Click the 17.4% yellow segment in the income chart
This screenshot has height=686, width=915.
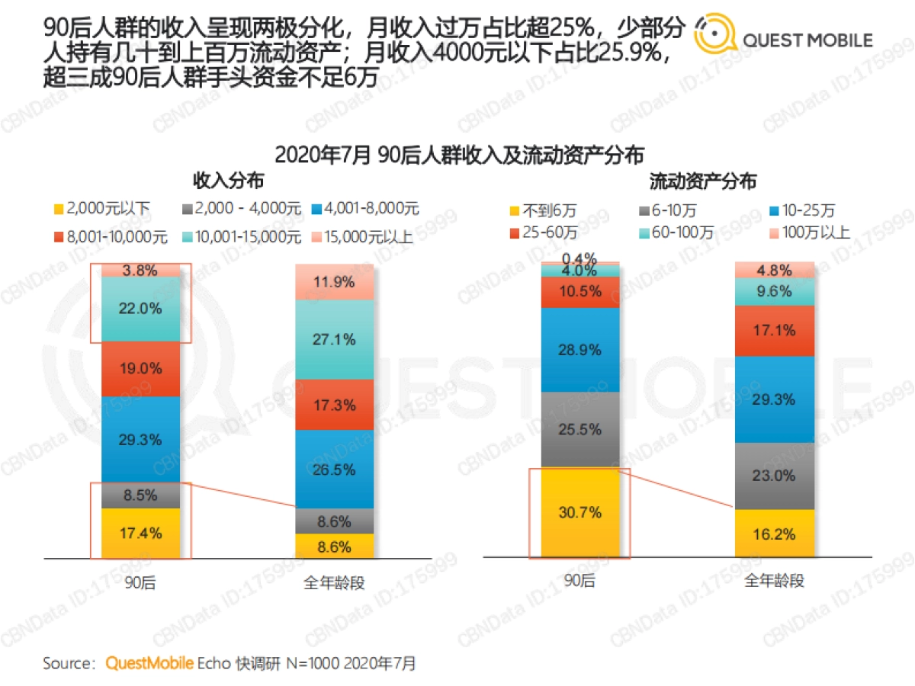(x=141, y=533)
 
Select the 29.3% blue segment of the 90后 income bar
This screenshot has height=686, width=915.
(x=141, y=439)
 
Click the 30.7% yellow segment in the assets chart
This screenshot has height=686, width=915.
(x=579, y=513)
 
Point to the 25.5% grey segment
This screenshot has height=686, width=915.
(x=579, y=429)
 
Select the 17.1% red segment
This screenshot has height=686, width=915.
(x=775, y=331)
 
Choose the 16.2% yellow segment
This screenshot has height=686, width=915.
(x=775, y=534)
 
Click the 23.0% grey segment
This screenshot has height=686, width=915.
(x=775, y=476)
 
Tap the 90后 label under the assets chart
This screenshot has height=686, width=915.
(x=579, y=581)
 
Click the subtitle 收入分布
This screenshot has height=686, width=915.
(x=228, y=181)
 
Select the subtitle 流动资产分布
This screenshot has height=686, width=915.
(x=702, y=181)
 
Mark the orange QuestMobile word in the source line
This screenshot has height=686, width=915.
(x=149, y=663)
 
